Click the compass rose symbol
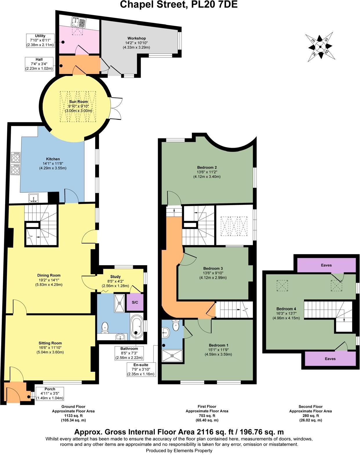(320, 47)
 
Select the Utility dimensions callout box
(40, 40)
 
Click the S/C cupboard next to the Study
(135, 302)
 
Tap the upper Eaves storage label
(326, 265)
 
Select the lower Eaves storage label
(330, 359)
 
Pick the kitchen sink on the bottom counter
(34, 198)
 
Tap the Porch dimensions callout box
(50, 393)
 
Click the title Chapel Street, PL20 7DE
(179, 4)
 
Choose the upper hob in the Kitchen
(15, 158)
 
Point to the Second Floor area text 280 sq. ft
(310, 416)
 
